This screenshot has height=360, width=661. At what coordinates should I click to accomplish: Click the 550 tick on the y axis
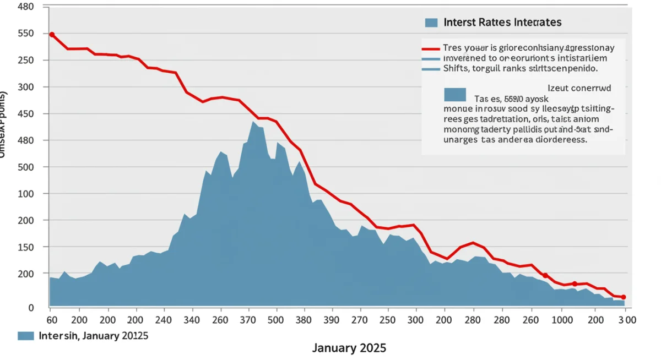click(26, 34)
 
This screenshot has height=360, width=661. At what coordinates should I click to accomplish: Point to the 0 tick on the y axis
click(31, 308)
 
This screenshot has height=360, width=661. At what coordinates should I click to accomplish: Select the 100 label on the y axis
click(26, 194)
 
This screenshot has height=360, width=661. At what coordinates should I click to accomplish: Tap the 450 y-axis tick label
click(26, 114)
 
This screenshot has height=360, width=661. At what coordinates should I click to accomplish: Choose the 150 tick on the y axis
click(26, 247)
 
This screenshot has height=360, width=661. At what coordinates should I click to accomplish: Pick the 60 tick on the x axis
click(52, 320)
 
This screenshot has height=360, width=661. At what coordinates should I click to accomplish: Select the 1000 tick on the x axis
click(562, 320)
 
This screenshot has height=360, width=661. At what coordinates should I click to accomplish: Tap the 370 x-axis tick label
click(249, 320)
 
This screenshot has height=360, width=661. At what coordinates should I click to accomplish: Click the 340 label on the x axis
click(192, 320)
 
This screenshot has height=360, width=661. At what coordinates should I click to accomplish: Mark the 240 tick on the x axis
click(164, 320)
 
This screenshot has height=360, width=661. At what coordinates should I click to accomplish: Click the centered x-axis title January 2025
click(349, 348)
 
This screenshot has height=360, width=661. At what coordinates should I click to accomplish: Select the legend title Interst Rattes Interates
click(502, 23)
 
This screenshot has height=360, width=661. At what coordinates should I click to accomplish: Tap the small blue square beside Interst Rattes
click(431, 23)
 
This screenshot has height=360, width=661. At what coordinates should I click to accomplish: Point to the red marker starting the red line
click(52, 35)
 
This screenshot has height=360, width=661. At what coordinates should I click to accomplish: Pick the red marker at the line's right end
click(624, 297)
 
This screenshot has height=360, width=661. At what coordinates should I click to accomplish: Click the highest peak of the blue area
click(253, 122)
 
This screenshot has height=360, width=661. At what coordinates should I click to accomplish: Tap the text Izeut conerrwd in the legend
click(579, 87)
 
